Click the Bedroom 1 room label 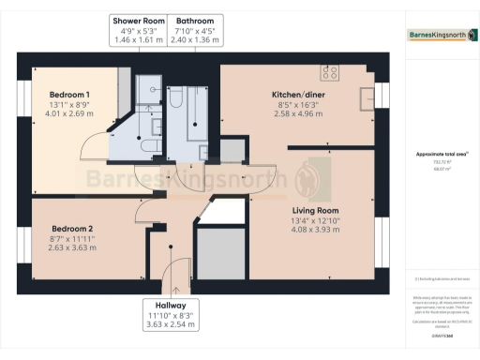[x=69, y=95]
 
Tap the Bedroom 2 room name [x=72, y=229]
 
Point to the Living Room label [x=314, y=210]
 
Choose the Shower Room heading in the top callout [x=138, y=21]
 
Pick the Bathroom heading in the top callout [x=196, y=21]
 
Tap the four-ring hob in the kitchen [x=330, y=71]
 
